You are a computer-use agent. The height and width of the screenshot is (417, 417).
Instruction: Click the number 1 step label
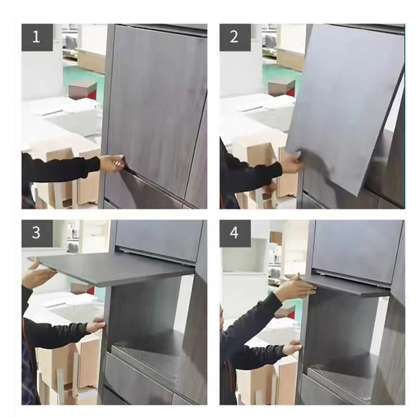pos(36,37)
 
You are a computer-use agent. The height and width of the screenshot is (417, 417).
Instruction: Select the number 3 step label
pos(36,233)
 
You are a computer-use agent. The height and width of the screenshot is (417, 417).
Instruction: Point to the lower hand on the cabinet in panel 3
pos(95,327)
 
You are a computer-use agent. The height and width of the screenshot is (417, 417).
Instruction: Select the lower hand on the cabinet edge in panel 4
pos(292,348)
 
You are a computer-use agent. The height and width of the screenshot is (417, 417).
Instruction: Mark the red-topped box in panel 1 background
pos(83,90)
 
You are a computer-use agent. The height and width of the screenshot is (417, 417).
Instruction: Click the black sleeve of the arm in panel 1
pos(57,169)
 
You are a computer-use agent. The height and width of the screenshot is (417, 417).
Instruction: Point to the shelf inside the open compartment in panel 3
pos(151,354)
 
